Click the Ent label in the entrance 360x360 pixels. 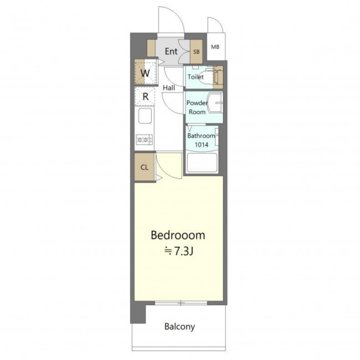171,51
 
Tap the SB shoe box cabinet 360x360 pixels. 196,52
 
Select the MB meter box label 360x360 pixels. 215,47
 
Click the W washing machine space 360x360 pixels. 145,73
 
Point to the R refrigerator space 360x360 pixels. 145,96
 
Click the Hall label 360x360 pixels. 169,88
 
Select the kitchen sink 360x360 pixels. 145,116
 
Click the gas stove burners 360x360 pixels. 144,140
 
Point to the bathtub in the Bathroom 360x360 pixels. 202,162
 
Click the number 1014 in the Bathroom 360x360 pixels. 202,145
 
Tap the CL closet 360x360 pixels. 145,167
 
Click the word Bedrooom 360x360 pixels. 178,235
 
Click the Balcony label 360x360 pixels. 179,326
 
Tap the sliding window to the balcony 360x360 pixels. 181,303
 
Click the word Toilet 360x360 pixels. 196,76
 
